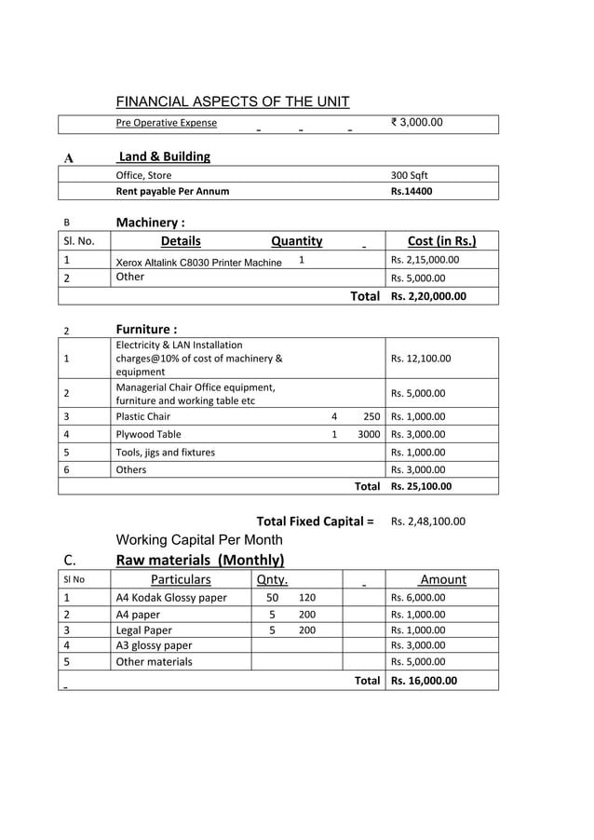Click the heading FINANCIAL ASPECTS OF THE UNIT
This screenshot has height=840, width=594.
pyautogui.click(x=232, y=102)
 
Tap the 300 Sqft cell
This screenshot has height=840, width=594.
pyautogui.click(x=409, y=175)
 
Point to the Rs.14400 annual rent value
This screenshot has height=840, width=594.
pyautogui.click(x=412, y=192)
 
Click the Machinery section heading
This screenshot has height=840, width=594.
pyautogui.click(x=150, y=223)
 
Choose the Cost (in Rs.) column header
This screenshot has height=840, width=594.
pyautogui.click(x=442, y=241)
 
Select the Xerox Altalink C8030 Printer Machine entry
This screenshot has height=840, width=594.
pyautogui.click(x=198, y=263)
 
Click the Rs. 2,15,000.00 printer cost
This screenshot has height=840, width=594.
pyautogui.click(x=425, y=260)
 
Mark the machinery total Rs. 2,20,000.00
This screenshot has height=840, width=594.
pyautogui.click(x=428, y=296)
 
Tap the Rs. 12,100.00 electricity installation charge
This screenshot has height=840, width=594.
pyautogui.click(x=421, y=358)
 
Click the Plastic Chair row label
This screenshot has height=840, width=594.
pyautogui.click(x=142, y=417)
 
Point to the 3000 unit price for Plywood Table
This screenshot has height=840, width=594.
pyautogui.click(x=369, y=434)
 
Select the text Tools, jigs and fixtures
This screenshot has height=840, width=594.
pyautogui.click(x=165, y=453)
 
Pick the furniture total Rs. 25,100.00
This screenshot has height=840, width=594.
pyautogui.click(x=421, y=486)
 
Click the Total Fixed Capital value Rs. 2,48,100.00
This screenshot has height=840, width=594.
pyautogui.click(x=428, y=522)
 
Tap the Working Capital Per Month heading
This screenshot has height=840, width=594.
pyautogui.click(x=198, y=540)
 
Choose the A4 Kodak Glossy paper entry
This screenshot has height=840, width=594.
pyautogui.click(x=170, y=598)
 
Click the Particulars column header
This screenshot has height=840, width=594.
pyautogui.click(x=181, y=579)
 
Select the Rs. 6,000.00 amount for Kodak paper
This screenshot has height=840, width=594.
pyautogui.click(x=417, y=598)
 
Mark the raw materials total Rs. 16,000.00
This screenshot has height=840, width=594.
pyautogui.click(x=424, y=681)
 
